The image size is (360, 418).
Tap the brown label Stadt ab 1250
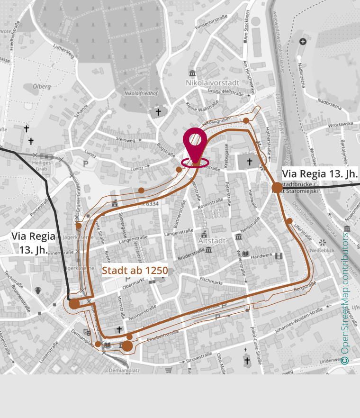135,271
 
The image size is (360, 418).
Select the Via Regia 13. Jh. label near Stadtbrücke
319,173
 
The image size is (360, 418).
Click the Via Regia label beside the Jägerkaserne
33,242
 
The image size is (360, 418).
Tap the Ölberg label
42,87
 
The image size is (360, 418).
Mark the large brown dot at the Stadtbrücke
278,188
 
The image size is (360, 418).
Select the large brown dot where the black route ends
74,304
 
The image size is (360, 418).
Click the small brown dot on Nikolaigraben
246,120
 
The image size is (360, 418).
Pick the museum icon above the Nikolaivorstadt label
192,73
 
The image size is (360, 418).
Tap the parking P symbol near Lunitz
86,164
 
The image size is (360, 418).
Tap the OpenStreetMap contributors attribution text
345,299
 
